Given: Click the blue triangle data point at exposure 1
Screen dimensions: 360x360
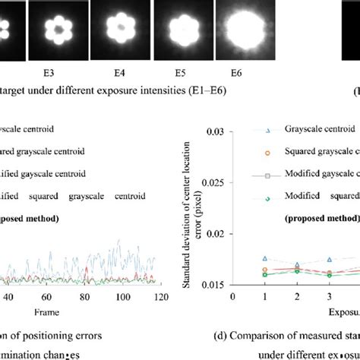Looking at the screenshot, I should click(264, 259).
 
